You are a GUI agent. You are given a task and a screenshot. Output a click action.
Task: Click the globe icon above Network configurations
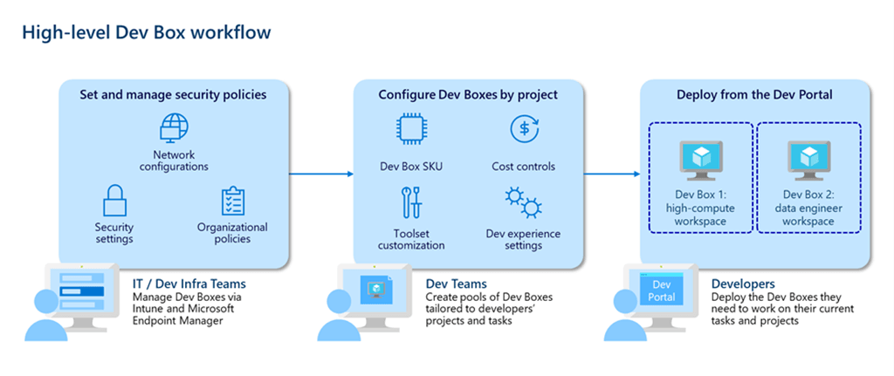[x=174, y=127]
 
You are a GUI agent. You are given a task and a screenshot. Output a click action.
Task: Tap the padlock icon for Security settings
[x=114, y=200]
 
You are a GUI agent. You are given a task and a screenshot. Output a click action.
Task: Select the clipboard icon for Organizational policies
[x=232, y=202]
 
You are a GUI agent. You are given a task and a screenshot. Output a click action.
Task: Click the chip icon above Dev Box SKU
[x=411, y=128]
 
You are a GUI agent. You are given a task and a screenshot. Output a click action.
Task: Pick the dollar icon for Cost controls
[x=524, y=128]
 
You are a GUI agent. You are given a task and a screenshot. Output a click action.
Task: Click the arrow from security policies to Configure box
[x=321, y=174]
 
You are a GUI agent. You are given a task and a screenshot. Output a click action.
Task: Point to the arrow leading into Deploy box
[x=612, y=174]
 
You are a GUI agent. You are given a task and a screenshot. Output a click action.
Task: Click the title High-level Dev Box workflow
[x=147, y=32]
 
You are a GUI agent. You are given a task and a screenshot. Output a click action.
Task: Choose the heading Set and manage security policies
[x=174, y=94]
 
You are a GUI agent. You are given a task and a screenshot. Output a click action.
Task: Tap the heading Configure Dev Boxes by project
[x=468, y=94]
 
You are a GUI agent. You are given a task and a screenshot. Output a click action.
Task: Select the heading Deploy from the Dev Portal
[x=755, y=94]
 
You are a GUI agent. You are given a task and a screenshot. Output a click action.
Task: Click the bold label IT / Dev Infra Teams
[x=189, y=284]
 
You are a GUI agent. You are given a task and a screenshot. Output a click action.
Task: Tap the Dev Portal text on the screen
[x=662, y=291]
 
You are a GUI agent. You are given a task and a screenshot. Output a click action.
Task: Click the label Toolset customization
[x=411, y=240]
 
